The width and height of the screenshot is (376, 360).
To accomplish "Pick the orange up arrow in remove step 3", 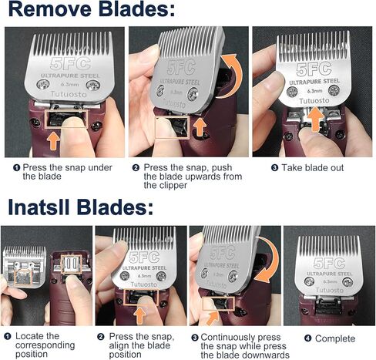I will (313, 118).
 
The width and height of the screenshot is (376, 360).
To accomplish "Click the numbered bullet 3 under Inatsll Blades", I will (195, 337).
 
